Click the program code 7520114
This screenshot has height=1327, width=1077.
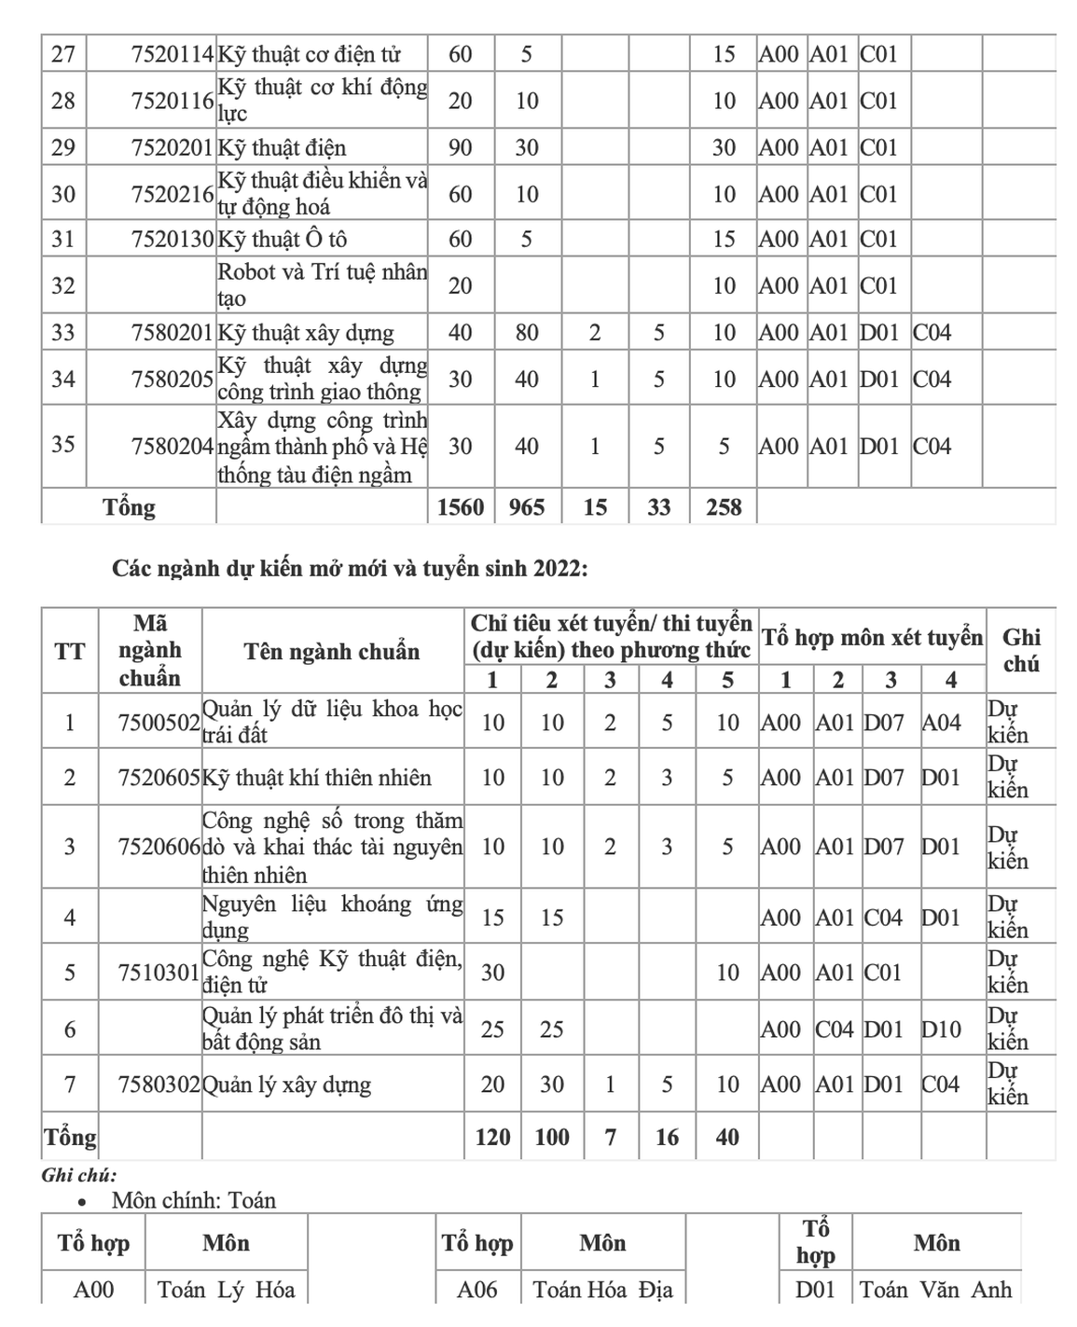click(x=173, y=54)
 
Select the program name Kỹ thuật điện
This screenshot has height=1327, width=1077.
click(x=282, y=147)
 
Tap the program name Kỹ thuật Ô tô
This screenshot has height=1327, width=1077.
click(x=282, y=240)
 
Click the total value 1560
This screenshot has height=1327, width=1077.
click(x=461, y=507)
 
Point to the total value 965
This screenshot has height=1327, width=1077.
click(x=527, y=507)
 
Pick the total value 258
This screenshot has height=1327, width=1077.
click(x=724, y=507)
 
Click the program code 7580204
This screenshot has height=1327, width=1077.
click(x=173, y=446)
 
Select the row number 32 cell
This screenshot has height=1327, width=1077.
click(x=63, y=285)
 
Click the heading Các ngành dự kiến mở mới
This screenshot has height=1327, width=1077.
click(x=350, y=568)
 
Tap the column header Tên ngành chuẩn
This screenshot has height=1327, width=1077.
click(x=332, y=651)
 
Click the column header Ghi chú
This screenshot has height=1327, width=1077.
click(x=1021, y=650)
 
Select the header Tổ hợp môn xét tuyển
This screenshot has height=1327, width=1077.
click(x=872, y=638)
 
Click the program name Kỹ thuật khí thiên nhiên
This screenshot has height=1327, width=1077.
click(x=317, y=778)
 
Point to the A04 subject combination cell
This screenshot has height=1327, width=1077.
click(x=941, y=723)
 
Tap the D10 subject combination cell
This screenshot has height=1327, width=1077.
click(x=941, y=1030)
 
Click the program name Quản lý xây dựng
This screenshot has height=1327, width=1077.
click(x=287, y=1085)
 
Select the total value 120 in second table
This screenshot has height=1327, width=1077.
click(x=492, y=1137)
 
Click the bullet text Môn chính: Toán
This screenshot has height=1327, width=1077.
click(x=194, y=1200)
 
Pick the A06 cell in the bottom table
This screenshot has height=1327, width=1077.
click(x=477, y=1290)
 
